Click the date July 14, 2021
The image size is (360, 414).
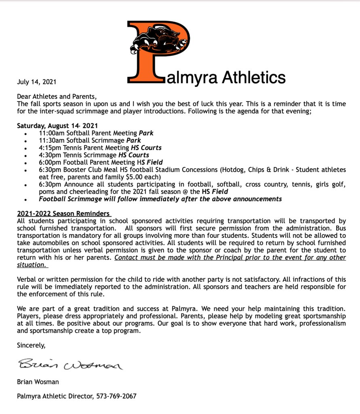point(36,81)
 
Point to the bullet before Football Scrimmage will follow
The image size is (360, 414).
point(26,199)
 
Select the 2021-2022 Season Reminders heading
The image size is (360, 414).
point(64,213)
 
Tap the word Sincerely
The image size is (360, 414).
point(32,345)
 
